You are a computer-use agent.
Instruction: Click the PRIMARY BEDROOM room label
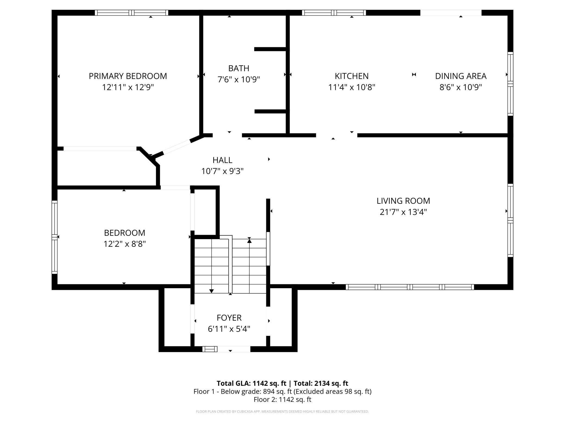(128, 76)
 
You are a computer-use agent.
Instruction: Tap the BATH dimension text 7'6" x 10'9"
(239, 79)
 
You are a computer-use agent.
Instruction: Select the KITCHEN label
(351, 76)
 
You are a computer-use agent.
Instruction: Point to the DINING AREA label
(461, 76)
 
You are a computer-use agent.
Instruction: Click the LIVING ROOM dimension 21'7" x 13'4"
(403, 212)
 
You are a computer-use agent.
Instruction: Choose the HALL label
(222, 160)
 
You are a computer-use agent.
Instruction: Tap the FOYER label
(229, 318)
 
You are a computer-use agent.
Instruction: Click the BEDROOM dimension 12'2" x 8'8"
(124, 244)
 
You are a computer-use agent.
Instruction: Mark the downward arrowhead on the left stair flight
(211, 291)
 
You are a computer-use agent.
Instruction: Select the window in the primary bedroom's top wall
(131, 13)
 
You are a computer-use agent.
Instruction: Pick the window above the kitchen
(334, 13)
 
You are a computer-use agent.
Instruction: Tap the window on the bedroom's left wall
(55, 237)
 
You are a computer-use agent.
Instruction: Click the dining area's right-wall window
(510, 84)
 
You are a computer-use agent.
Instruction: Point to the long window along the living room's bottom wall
(410, 287)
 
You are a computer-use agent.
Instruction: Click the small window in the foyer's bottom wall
(210, 349)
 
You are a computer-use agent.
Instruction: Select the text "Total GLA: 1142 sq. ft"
(252, 383)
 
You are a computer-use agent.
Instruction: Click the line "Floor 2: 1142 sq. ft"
(282, 399)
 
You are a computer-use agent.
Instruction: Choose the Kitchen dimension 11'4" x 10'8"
(352, 87)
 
